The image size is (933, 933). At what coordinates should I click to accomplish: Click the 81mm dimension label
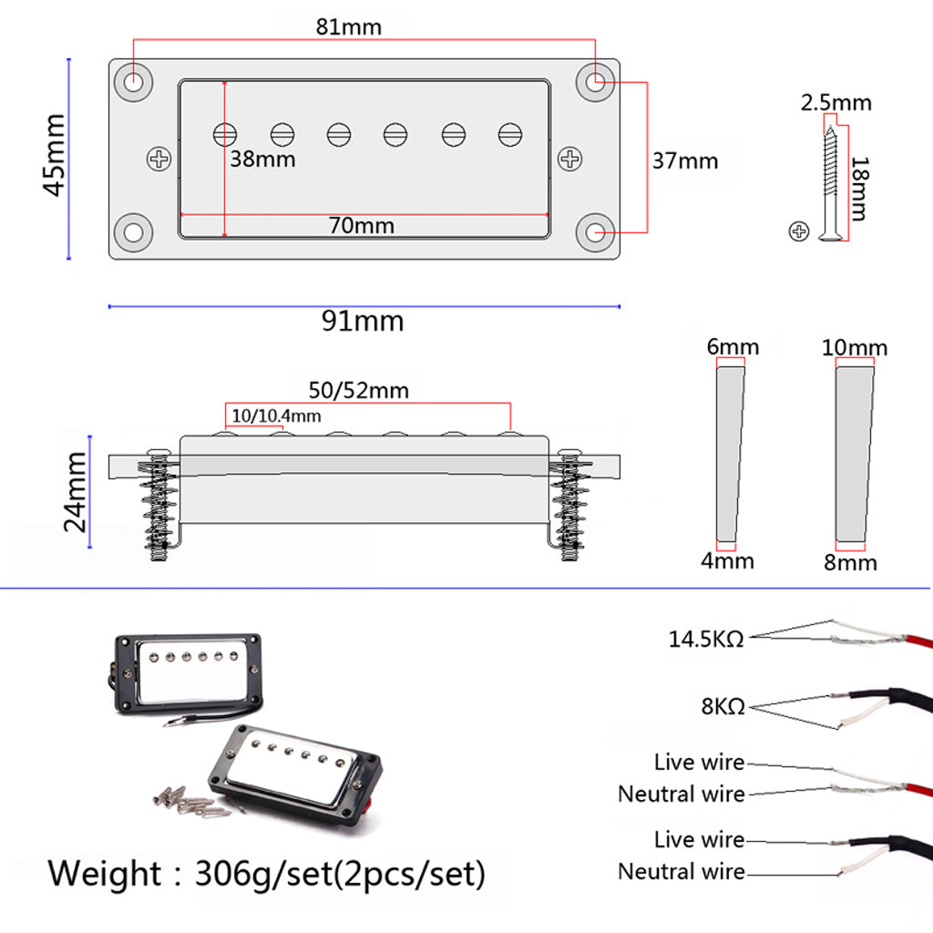tap(349, 26)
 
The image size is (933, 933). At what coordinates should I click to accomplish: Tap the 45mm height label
tap(54, 155)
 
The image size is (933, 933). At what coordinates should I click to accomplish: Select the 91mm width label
tap(362, 321)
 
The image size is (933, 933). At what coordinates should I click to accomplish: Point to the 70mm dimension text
tap(362, 225)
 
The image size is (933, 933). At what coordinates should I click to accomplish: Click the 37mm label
tap(685, 161)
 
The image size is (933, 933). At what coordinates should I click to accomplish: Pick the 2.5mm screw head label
tap(836, 102)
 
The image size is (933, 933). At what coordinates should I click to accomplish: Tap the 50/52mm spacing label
tap(358, 391)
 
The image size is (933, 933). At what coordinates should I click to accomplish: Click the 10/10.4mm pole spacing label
tap(276, 415)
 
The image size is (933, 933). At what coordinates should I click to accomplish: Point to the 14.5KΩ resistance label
tap(706, 639)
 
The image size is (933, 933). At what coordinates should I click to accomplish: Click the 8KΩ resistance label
tap(723, 705)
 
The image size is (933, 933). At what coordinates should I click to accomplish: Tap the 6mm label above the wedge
tap(732, 346)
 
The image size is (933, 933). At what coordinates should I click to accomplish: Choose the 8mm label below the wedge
tap(850, 562)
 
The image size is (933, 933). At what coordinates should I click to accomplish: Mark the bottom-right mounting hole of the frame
tap(598, 231)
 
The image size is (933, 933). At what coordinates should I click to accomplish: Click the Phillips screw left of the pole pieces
tap(159, 159)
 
